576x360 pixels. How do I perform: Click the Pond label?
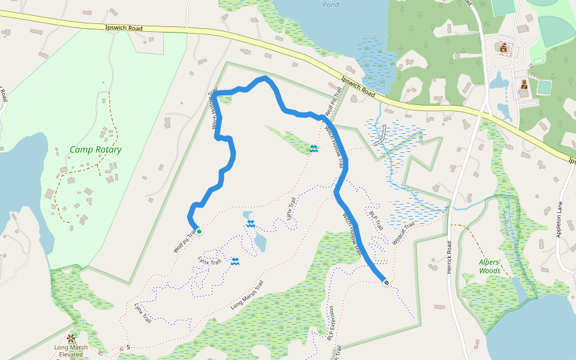pos(331,5)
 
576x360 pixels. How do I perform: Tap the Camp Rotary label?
pos(95,149)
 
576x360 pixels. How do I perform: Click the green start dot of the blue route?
pos(199,231)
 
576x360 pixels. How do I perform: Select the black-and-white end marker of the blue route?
pos(386,283)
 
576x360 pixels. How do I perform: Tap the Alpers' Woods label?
pos(490,266)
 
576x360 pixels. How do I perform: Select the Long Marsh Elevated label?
pos(71,351)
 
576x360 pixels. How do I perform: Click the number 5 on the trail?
pos(128,347)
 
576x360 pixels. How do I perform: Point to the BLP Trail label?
pos(375,220)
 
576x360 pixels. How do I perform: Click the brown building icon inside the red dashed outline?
pos(503,47)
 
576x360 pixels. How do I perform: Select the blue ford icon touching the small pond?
pos(251,224)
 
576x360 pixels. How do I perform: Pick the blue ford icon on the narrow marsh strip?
pos(314,148)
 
